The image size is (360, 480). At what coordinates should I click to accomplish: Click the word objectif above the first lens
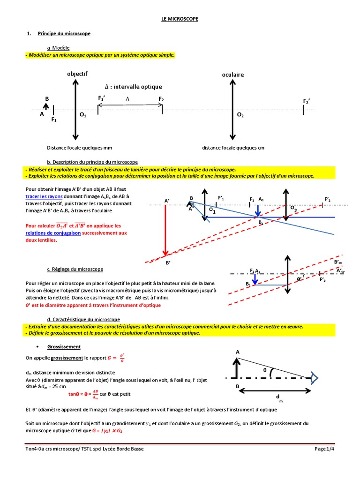click(77, 74)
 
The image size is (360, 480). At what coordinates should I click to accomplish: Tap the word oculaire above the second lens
click(233, 75)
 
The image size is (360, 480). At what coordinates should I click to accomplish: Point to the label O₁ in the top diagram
click(82, 115)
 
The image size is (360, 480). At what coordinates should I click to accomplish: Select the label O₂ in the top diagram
click(240, 115)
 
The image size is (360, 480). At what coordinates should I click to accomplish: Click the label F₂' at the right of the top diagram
click(307, 102)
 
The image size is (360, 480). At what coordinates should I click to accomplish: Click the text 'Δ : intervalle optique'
click(133, 87)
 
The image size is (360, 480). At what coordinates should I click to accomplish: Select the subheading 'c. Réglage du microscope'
click(75, 270)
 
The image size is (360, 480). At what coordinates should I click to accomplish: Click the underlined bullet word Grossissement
click(64, 346)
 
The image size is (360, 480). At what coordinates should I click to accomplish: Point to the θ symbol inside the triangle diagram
click(264, 370)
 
